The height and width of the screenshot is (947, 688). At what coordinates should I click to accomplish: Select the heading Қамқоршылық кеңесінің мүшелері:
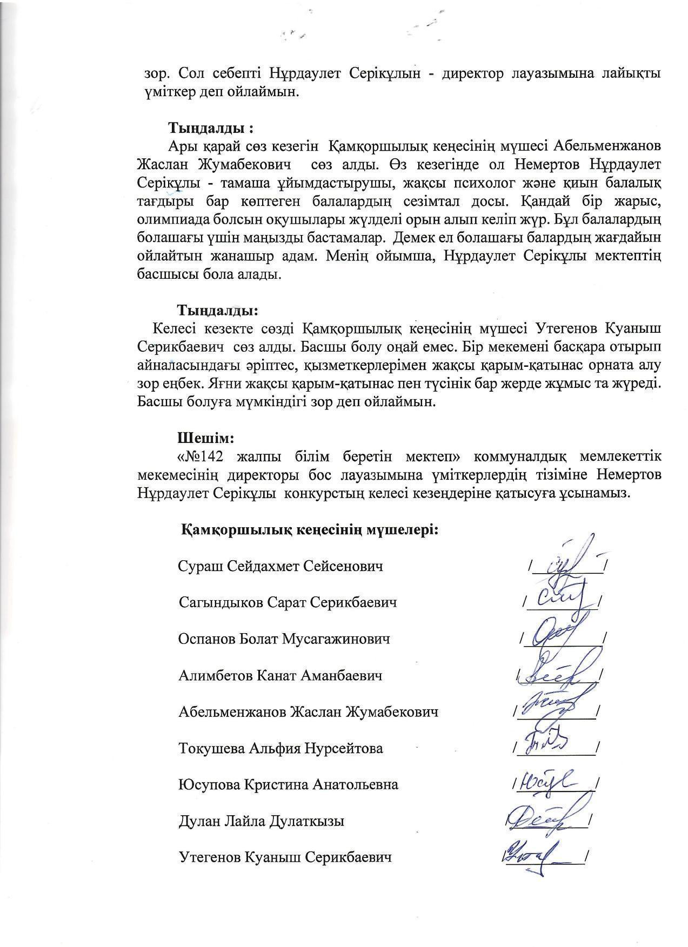coord(310,529)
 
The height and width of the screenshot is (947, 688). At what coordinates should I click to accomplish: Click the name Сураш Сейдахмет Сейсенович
coord(280,566)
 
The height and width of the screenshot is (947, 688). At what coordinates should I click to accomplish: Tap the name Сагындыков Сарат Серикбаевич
coord(288,602)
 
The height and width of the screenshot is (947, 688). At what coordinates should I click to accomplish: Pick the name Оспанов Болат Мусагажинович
coord(284,639)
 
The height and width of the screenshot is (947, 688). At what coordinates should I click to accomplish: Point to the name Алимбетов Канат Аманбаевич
coord(280,675)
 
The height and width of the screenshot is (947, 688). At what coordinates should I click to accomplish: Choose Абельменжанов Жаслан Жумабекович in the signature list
coord(308,712)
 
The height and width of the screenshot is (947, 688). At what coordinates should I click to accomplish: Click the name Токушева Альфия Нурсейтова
coord(280,748)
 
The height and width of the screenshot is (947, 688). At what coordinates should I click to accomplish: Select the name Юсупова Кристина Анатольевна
coord(288,784)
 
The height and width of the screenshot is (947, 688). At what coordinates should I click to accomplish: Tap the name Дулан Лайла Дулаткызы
coord(261,821)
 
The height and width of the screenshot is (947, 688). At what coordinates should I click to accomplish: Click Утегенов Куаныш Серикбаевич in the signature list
coord(285,857)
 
